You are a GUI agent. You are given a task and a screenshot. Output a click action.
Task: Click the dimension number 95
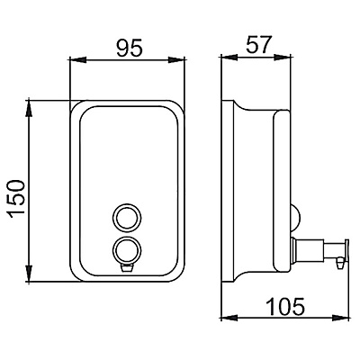pyautogui.click(x=129, y=48)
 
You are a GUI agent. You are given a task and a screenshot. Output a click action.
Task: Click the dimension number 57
pyautogui.click(x=258, y=45)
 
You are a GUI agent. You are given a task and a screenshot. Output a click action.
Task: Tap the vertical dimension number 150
pyautogui.click(x=16, y=199)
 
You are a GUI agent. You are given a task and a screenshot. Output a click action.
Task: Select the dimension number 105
pyautogui.click(x=285, y=306)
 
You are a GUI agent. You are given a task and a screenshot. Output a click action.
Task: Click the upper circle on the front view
pyautogui.click(x=127, y=218)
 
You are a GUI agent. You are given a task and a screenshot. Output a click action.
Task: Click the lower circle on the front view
pyautogui.click(x=127, y=250)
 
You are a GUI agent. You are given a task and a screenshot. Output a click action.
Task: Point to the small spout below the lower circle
pyautogui.click(x=127, y=267)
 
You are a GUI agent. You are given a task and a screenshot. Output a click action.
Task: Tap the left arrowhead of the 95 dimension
pyautogui.click(x=78, y=59)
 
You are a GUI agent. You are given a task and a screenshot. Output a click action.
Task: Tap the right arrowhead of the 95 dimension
pyautogui.click(x=176, y=59)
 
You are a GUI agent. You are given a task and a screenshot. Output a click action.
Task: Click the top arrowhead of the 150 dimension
pyautogui.click(x=29, y=108)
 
